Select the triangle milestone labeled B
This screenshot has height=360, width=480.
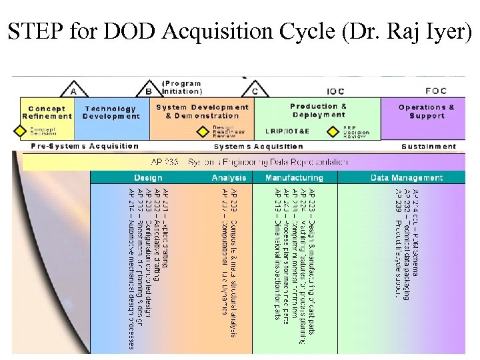coord(149,90)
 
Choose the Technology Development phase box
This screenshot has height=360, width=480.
coord(110,112)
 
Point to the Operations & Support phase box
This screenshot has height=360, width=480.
coord(426,111)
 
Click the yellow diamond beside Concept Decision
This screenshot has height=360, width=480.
coord(19,131)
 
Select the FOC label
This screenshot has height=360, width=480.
coord(436,91)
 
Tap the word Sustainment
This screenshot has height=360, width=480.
coord(429,146)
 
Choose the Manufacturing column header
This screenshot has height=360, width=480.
coord(294,178)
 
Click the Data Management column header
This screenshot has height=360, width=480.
coord(407,178)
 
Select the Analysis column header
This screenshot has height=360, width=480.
coord(229,178)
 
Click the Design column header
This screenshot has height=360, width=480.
coord(148,178)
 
